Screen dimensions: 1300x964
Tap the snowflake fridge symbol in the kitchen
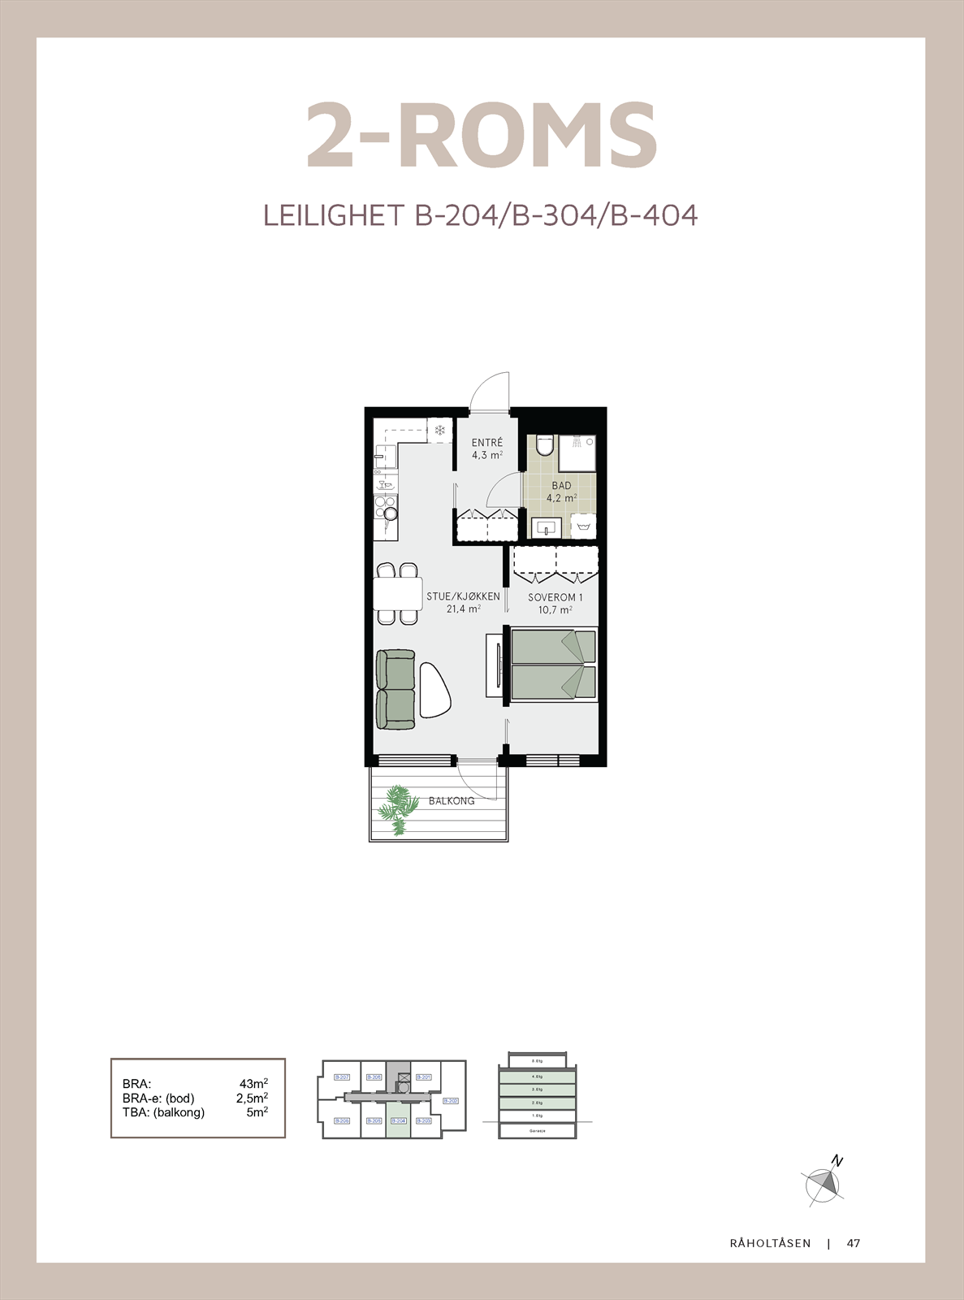click(x=440, y=430)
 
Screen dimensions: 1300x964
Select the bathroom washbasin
click(x=546, y=528)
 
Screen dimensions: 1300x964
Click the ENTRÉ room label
click(x=487, y=443)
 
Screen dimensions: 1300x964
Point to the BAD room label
click(x=561, y=486)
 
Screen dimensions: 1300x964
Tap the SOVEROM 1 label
click(x=555, y=597)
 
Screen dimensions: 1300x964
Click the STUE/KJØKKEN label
click(x=463, y=596)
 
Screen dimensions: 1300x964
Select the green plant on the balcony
click(x=397, y=808)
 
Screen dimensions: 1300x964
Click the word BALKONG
click(x=452, y=801)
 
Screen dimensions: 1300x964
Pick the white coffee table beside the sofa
click(x=434, y=690)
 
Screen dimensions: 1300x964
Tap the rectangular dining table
click(x=398, y=593)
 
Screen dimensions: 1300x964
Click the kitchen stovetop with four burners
click(x=386, y=508)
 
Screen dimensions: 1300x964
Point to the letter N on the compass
click(x=837, y=1162)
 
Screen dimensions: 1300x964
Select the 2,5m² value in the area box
click(x=252, y=1098)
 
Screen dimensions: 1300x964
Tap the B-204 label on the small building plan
click(x=398, y=1120)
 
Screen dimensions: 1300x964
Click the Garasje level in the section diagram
click(x=537, y=1130)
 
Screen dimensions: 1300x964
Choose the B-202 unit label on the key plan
click(x=450, y=1101)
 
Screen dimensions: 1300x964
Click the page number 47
click(x=853, y=1243)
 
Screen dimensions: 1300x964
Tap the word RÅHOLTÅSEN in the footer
click(x=770, y=1243)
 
